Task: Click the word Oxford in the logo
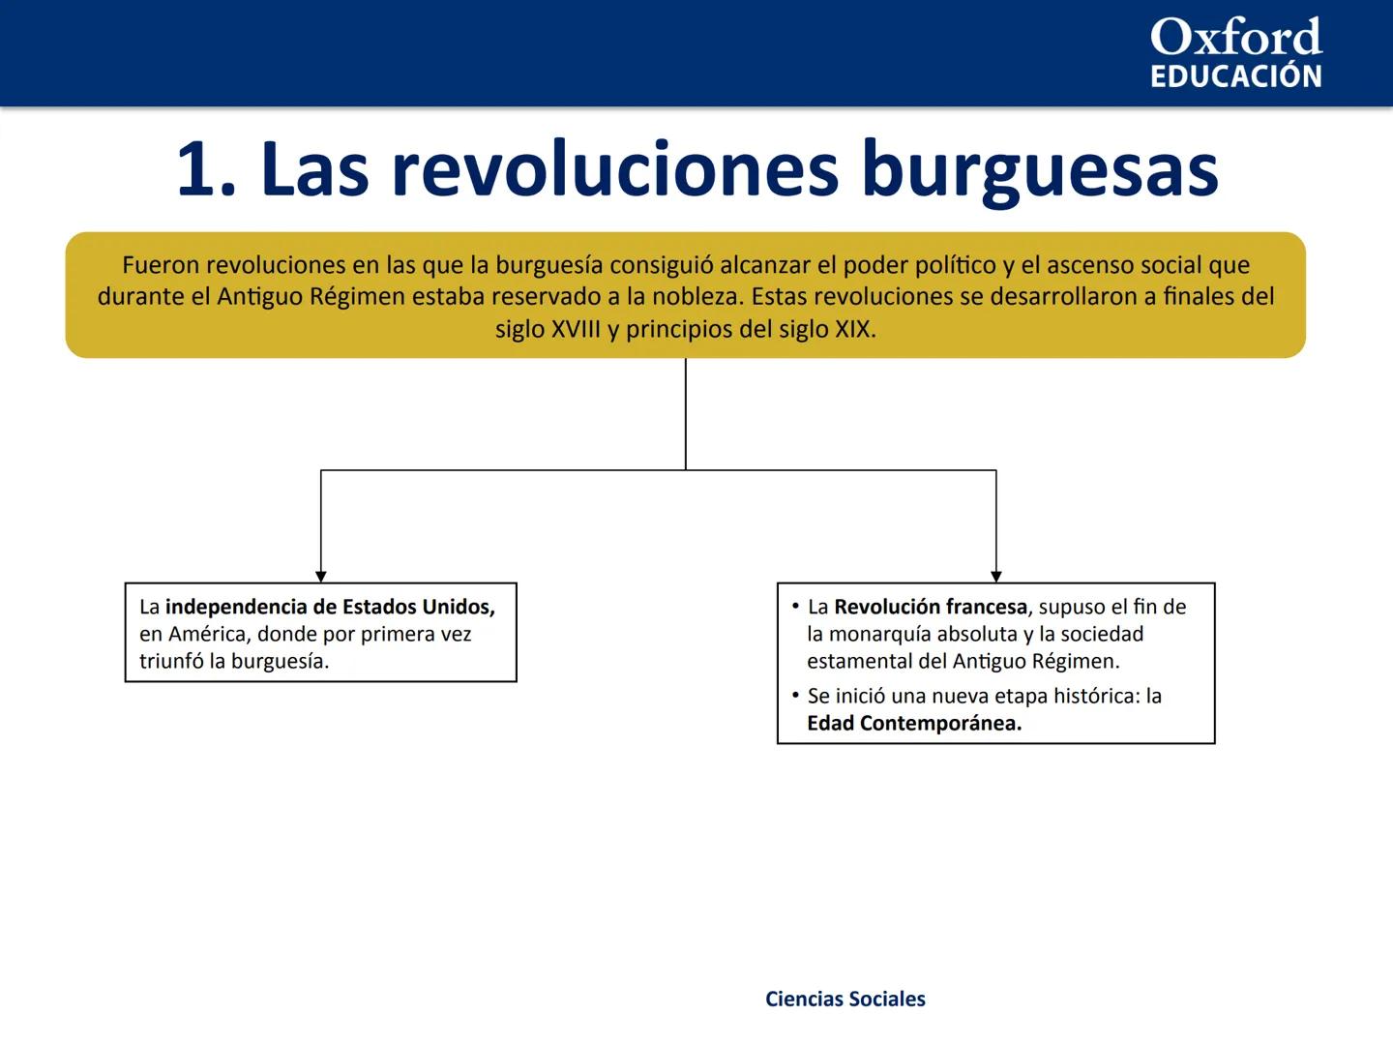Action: coord(1235,38)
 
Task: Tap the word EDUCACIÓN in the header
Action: coord(1235,76)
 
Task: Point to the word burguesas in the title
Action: coord(1039,170)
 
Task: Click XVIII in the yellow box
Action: coord(575,329)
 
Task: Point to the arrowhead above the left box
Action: coord(321,576)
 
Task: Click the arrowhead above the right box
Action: coord(996,576)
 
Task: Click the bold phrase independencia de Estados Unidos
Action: coord(329,607)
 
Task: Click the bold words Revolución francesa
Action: coord(930,607)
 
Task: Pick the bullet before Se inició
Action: coord(795,695)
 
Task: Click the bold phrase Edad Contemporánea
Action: coord(914,723)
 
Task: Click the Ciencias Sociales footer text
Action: coord(845,999)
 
